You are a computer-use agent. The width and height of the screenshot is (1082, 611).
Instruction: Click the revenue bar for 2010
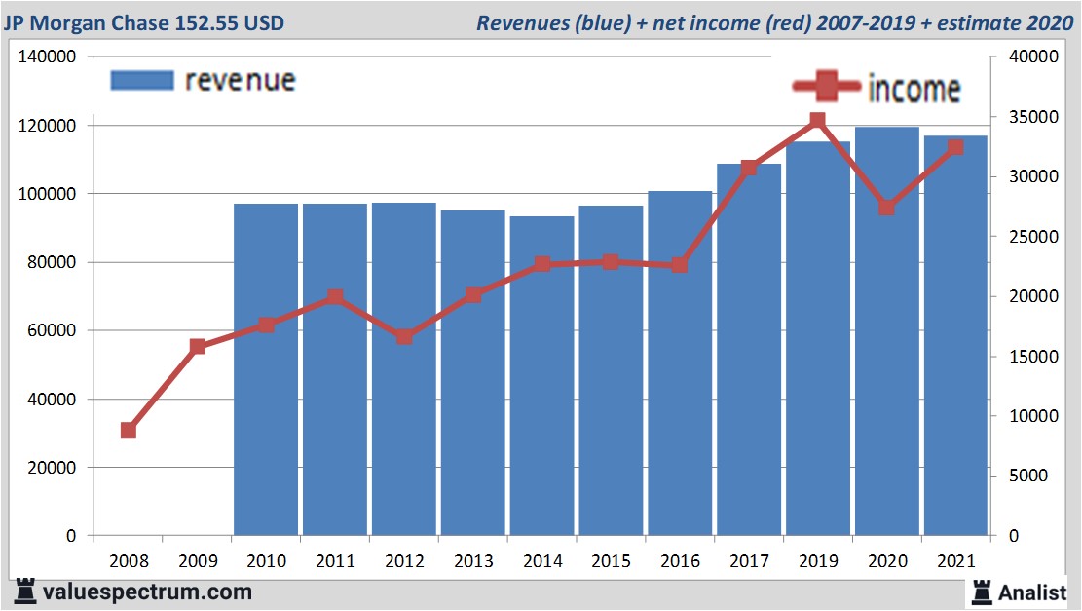point(266,370)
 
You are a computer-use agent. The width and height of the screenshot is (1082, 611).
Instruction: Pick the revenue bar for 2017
point(749,351)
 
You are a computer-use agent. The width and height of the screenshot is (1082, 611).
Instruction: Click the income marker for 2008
point(129,430)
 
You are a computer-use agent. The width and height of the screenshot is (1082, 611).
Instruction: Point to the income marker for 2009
point(198,346)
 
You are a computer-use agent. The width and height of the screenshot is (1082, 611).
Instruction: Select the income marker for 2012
point(404,337)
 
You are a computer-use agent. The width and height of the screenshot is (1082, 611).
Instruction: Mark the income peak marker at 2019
point(818,121)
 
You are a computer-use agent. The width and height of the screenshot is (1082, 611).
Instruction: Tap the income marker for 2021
point(955,148)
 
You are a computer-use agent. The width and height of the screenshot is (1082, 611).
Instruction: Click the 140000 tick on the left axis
point(48,57)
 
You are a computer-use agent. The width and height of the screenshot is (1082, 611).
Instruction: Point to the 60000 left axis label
point(52,331)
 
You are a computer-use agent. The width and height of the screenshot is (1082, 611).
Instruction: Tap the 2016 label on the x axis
point(680,562)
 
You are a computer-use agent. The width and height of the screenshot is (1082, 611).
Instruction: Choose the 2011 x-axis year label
point(335,562)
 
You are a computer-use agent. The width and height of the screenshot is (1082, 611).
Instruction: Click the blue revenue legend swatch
point(142,80)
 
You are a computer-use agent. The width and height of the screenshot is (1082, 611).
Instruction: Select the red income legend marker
point(826,88)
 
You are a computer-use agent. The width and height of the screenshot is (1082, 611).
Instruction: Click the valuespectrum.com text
point(147,592)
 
